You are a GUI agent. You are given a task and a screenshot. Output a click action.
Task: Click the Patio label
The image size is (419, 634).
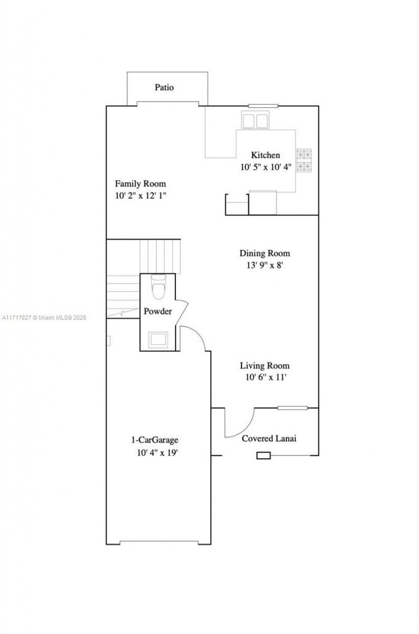[164, 87]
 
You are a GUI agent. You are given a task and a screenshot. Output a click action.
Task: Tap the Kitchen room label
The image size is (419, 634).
[266, 155]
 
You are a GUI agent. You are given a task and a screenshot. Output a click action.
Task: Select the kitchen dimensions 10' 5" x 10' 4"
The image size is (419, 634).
[265, 167]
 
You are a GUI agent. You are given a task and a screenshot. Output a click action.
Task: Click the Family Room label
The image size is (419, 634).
[140, 184]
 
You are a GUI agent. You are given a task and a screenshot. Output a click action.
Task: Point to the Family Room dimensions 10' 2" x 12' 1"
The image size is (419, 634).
[140, 196]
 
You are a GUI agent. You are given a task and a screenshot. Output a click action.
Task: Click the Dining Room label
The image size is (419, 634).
[264, 253]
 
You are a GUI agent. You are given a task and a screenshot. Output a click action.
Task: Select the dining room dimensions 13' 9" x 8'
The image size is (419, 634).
[264, 265]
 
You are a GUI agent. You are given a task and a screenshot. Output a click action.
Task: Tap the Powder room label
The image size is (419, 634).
[158, 312]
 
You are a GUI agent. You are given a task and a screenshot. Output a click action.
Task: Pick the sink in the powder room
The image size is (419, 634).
[158, 340]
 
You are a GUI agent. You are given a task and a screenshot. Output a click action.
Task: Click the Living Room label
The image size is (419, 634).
[264, 366]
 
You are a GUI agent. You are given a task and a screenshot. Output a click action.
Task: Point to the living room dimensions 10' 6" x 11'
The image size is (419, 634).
[264, 378]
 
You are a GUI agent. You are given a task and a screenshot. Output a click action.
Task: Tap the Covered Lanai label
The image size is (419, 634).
[269, 439]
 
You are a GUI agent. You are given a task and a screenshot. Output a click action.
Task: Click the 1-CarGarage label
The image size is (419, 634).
[155, 440]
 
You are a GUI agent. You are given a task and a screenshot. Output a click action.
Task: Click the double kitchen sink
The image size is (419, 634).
[255, 121]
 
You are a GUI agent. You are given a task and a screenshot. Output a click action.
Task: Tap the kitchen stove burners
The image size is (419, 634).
[304, 161]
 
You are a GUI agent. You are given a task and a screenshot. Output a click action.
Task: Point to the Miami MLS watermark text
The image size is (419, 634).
[44, 318]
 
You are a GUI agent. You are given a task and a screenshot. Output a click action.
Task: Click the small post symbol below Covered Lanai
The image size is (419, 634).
[263, 456]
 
